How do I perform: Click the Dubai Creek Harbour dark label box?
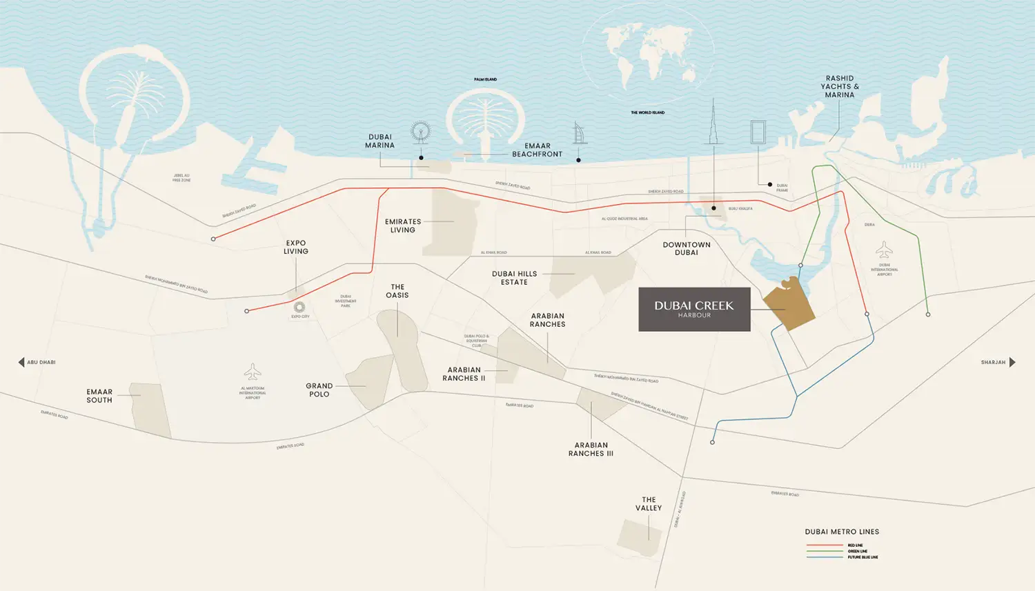point(694,310)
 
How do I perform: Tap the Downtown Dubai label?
point(686,249)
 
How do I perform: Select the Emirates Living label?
point(403,226)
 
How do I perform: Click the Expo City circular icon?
point(299,307)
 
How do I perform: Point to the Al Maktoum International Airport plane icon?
point(253,372)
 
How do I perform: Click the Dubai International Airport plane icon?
point(884,250)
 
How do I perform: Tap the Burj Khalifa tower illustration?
point(713,124)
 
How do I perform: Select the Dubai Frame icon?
point(758,132)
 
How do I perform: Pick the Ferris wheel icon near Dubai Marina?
point(420,132)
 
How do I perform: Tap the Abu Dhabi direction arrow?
point(21,362)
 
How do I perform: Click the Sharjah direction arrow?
point(1012,362)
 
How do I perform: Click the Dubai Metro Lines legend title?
point(842,532)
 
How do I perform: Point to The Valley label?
point(649,504)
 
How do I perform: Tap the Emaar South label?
point(99,396)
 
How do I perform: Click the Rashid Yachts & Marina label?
point(840,87)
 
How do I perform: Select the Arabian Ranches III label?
point(591,450)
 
